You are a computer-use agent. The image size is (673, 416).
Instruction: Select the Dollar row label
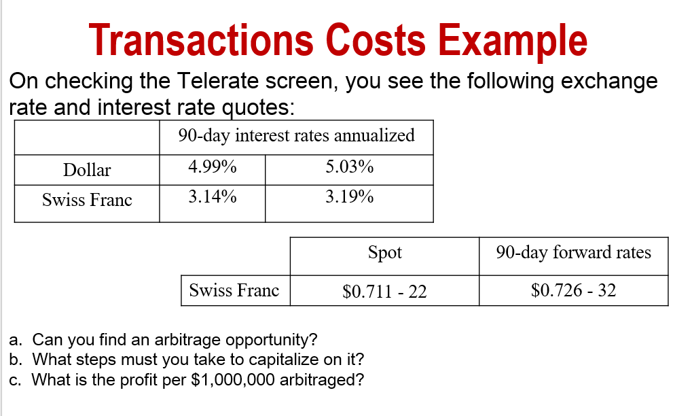point(87,170)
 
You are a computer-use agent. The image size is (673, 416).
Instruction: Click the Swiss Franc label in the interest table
point(87,200)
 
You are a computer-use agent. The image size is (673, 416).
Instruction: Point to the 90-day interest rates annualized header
point(296,135)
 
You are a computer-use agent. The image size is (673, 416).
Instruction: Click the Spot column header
point(384,253)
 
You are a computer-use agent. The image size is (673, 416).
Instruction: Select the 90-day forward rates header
point(573,253)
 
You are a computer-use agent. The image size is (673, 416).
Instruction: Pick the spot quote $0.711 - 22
point(384,292)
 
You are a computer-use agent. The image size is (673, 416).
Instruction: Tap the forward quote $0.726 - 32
point(573,291)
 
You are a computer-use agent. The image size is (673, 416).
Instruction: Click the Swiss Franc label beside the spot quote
point(234,291)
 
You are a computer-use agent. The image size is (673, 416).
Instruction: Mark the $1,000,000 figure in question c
point(230,379)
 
